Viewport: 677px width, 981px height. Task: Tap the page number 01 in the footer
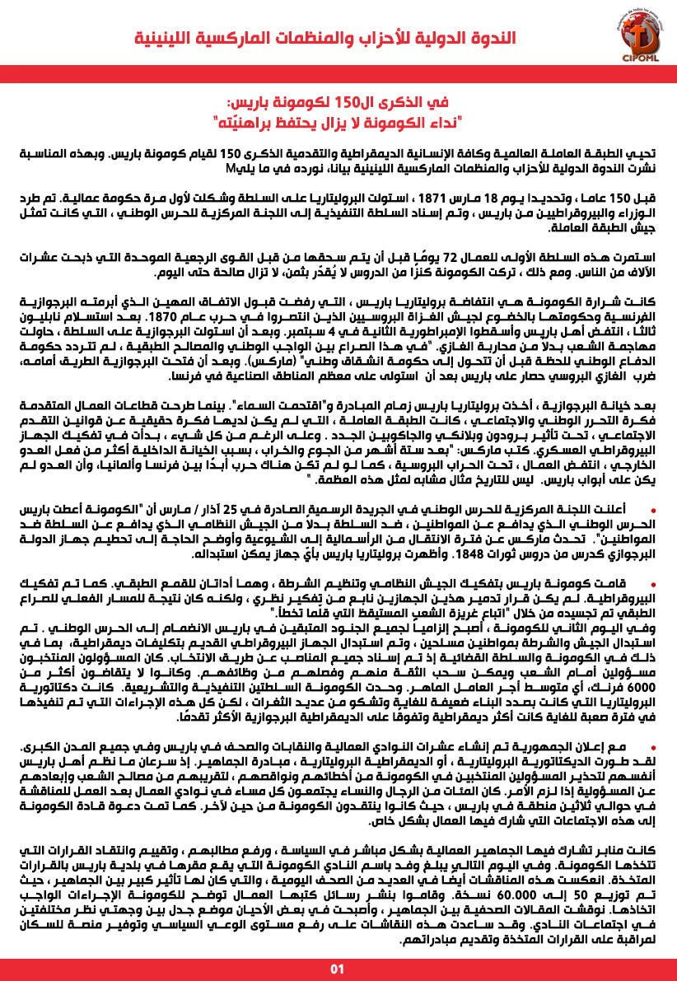click(x=338, y=967)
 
